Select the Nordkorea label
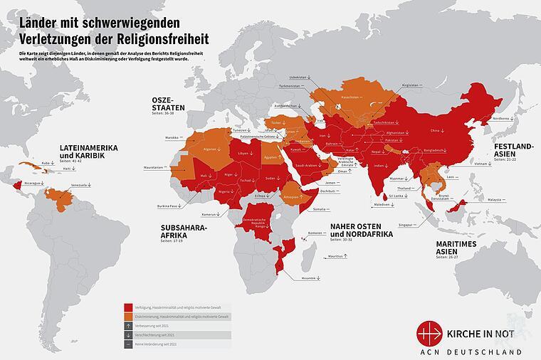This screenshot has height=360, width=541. point(502,119)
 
